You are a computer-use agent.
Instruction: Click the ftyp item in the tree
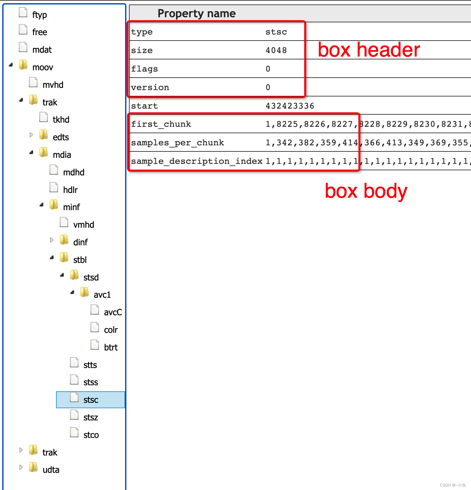[39, 15]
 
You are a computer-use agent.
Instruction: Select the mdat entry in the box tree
[42, 50]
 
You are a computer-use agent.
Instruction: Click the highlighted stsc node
[91, 400]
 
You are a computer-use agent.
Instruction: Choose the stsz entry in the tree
[91, 417]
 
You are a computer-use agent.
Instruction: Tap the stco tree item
[91, 435]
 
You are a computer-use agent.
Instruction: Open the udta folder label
[51, 470]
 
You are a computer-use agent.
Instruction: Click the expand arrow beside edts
[31, 135]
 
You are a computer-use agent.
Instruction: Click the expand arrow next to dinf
[52, 240]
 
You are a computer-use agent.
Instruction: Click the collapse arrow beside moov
[11, 65]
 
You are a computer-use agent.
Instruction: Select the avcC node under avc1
[113, 312]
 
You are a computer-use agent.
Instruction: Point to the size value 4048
[276, 50]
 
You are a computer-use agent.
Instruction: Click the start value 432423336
[290, 106]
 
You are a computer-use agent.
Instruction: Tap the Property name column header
[196, 13]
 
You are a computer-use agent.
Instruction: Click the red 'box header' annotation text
[369, 50]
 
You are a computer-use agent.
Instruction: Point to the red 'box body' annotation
[366, 191]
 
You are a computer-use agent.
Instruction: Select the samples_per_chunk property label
[178, 143]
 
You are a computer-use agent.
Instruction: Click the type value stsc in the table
[276, 32]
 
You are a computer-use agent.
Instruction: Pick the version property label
[150, 88]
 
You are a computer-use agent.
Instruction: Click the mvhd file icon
[33, 83]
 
